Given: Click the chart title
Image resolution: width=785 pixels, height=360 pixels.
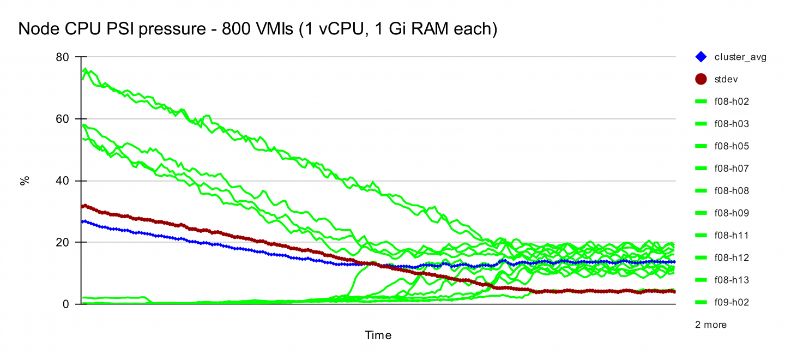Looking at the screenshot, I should (x=257, y=29).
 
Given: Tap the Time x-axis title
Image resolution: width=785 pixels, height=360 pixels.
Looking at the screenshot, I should (x=378, y=335).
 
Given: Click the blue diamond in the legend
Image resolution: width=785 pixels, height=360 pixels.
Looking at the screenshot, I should (x=701, y=57).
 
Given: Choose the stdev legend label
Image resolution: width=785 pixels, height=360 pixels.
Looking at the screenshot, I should (x=726, y=80).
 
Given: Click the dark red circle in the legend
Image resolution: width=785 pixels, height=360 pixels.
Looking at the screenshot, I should (x=701, y=79).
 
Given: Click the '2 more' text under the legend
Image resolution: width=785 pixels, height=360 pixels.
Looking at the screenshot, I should (x=711, y=325).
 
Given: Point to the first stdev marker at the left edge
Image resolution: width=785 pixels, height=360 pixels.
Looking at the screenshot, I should (x=83, y=206).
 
